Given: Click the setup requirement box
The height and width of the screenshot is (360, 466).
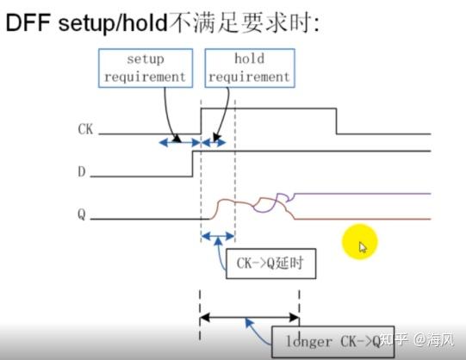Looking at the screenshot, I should click(146, 68).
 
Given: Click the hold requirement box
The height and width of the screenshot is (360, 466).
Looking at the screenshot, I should click(250, 68).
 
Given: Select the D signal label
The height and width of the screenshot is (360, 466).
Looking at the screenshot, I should click(82, 172).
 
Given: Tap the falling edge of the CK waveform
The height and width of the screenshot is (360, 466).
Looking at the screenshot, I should click(335, 121).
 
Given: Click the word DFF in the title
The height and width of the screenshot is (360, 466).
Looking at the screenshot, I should click(27, 23).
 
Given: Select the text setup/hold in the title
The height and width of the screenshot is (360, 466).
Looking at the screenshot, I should click(104, 23).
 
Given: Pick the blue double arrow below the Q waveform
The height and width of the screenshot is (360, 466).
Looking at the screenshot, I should click(216, 235).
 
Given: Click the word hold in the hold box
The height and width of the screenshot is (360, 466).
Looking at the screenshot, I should click(250, 59).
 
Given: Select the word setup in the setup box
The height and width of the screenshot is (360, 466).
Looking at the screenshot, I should click(146, 59).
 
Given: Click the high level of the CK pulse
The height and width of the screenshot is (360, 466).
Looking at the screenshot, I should click(267, 108).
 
